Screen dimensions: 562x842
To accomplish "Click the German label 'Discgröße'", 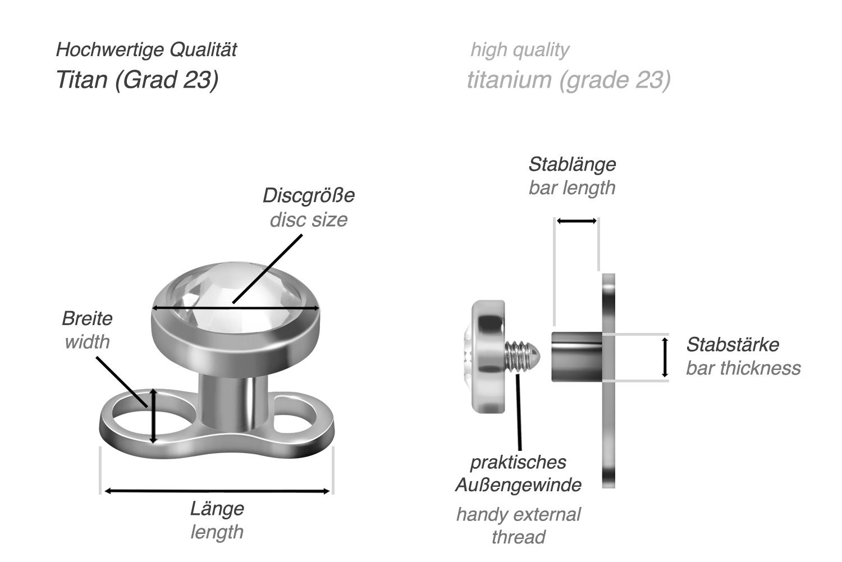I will tap(308, 196).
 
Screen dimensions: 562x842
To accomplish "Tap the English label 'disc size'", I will tap(308, 220).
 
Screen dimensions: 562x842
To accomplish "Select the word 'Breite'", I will tap(87, 319).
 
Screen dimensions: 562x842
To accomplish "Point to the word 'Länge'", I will tap(217, 509).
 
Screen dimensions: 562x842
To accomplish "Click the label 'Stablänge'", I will tap(571, 165).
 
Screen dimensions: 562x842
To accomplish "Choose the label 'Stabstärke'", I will tap(732, 345).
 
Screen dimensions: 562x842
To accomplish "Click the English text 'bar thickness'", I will tap(743, 368).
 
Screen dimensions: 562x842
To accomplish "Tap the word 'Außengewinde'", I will tap(518, 485).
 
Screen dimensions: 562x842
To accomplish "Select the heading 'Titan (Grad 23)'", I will tap(137, 80).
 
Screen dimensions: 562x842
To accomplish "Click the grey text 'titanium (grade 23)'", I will tap(569, 80).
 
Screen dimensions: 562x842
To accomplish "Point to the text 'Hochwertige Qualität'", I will tap(146, 50).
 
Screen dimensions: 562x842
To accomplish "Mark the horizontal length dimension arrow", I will tap(217, 491).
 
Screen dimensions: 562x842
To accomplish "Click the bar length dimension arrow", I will tap(576, 221).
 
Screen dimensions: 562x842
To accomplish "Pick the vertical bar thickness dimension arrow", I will tap(665, 357).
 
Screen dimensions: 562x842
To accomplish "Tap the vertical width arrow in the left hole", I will tap(153, 416).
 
